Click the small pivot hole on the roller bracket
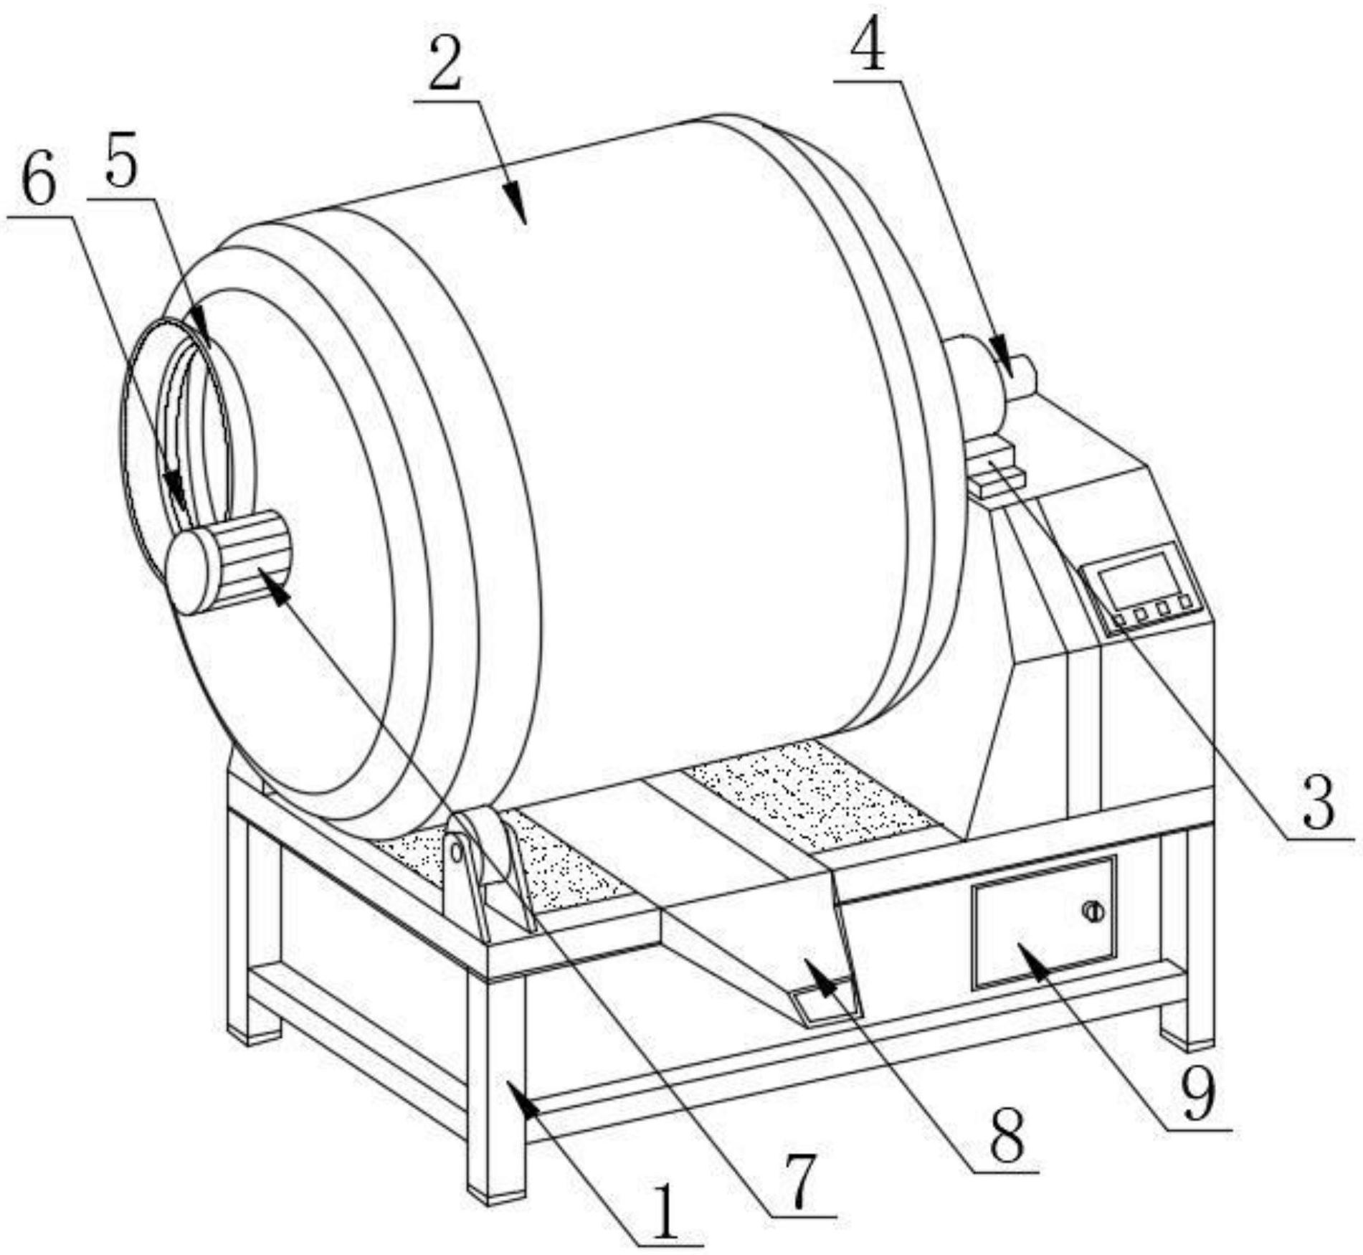pyautogui.click(x=455, y=851)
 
